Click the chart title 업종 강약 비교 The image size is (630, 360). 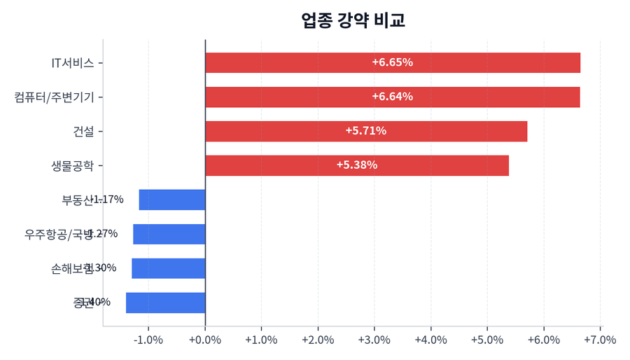pyautogui.click(x=353, y=20)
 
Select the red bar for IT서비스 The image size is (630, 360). pyautogui.click(x=392, y=62)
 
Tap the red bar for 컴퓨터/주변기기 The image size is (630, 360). pyautogui.click(x=392, y=97)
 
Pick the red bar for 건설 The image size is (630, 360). pyautogui.click(x=365, y=131)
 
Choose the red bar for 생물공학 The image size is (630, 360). pyautogui.click(x=356, y=165)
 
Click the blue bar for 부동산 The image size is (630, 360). pyautogui.click(x=172, y=200)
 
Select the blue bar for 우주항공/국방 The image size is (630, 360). pyautogui.click(x=169, y=234)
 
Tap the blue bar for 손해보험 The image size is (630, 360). pyautogui.click(x=169, y=268)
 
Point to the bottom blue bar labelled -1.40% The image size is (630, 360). pyautogui.click(x=166, y=303)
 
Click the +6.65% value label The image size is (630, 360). pyautogui.click(x=392, y=62)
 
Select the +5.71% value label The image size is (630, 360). pyautogui.click(x=365, y=131)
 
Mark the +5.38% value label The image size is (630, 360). pyautogui.click(x=356, y=165)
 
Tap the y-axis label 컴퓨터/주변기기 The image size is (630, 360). pyautogui.click(x=54, y=97)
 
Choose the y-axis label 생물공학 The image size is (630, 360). pyautogui.click(x=72, y=165)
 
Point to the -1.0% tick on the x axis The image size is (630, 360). pyautogui.click(x=148, y=340)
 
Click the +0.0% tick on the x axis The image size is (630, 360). pyautogui.click(x=205, y=340)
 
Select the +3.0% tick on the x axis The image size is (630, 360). pyautogui.click(x=374, y=340)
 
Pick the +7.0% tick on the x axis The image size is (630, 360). pyautogui.click(x=599, y=340)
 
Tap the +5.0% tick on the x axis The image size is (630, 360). pyautogui.click(x=487, y=340)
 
